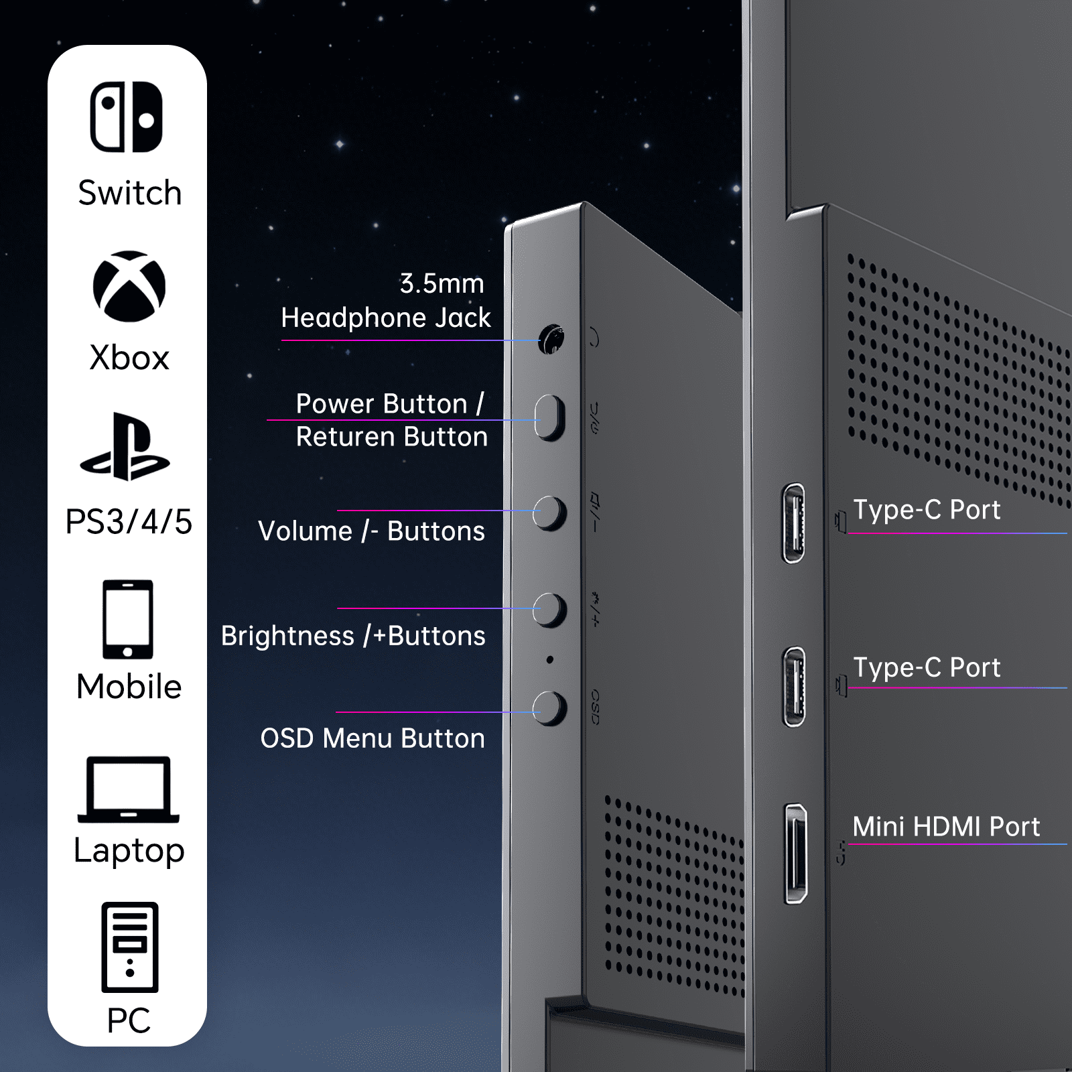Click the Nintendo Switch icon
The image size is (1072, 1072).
127,117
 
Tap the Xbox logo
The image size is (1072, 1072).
129,286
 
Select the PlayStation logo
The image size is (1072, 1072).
125,446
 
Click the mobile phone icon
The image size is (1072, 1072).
128,620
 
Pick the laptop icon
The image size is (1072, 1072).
129,789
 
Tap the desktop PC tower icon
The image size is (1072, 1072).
130,947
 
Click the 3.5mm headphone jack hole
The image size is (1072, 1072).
551,340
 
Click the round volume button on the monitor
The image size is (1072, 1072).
550,514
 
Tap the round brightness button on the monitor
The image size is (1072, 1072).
550,610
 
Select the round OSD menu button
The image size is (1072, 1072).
550,708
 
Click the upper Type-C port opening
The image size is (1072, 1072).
794,523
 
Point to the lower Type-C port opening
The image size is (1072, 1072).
794,687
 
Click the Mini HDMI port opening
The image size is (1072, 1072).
796,854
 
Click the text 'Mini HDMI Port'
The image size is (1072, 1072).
946,827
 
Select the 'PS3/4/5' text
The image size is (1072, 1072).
129,522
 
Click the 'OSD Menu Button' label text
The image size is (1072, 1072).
373,738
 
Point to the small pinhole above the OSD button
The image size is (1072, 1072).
550,660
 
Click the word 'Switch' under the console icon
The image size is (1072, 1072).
130,193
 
